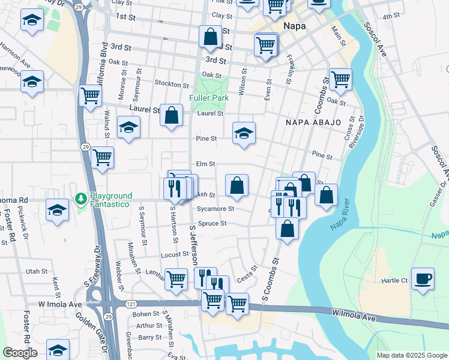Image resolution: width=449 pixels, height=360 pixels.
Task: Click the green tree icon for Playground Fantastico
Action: coord(80,198)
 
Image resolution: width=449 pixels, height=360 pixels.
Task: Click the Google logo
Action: coord(20,353)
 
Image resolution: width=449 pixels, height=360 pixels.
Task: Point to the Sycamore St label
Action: coord(215,209)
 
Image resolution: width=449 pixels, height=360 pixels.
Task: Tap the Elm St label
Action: coord(205,164)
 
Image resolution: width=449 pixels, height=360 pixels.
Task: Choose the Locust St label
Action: coord(175,254)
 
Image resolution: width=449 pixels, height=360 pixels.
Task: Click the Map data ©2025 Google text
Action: coord(411,355)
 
